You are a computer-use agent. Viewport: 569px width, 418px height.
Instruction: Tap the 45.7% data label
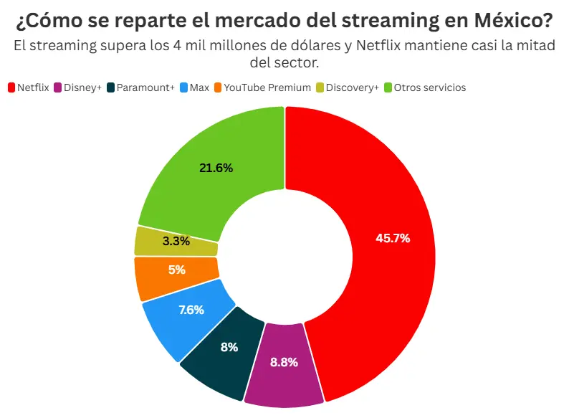[393, 238]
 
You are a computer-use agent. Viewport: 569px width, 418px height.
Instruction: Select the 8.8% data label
[284, 362]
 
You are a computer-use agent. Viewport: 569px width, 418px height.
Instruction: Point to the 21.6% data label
[216, 168]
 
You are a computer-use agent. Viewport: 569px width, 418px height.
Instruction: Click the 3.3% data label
[176, 242]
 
